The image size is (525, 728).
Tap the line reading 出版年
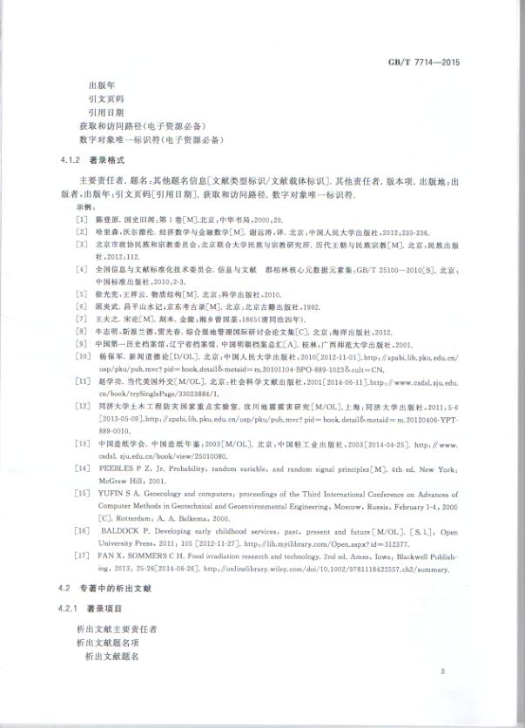point(103,86)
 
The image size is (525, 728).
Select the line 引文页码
point(106,100)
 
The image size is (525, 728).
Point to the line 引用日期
point(106,113)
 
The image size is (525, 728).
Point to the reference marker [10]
point(84,357)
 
